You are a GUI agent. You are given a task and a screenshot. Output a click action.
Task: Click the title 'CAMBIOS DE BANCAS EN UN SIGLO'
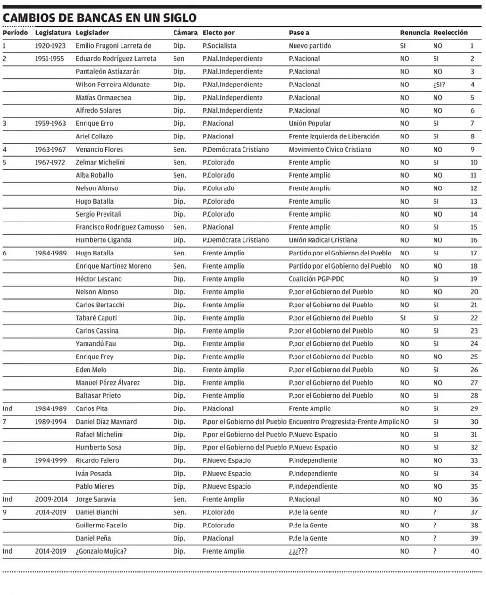pyautogui.click(x=100, y=18)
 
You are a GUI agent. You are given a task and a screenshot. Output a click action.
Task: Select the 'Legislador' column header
pyautogui.click(x=92, y=33)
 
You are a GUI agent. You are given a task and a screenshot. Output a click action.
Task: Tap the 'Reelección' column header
pyautogui.click(x=450, y=33)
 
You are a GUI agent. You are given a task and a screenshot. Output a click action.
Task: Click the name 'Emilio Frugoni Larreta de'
pyautogui.click(x=114, y=46)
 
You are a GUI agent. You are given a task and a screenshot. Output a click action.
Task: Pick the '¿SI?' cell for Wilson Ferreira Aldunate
pyautogui.click(x=439, y=85)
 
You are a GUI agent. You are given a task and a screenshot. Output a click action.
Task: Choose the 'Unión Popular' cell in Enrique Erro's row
pyautogui.click(x=310, y=123)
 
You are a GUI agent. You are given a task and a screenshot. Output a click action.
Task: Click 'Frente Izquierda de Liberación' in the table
pyautogui.click(x=334, y=136)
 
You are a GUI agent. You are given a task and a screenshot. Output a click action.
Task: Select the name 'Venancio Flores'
pyautogui.click(x=99, y=150)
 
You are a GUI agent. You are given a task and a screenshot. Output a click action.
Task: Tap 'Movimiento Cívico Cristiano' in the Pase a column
pyautogui.click(x=330, y=150)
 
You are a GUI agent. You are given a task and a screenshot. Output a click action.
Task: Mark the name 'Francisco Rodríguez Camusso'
pyautogui.click(x=120, y=227)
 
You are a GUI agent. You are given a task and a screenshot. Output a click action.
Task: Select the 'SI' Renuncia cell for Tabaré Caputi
pyautogui.click(x=403, y=318)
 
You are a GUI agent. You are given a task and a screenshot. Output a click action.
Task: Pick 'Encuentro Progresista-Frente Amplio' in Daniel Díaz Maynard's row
pyautogui.click(x=344, y=422)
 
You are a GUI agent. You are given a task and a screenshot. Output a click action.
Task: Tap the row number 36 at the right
pyautogui.click(x=474, y=499)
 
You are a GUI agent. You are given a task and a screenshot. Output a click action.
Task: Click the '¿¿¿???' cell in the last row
pyautogui.click(x=298, y=551)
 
